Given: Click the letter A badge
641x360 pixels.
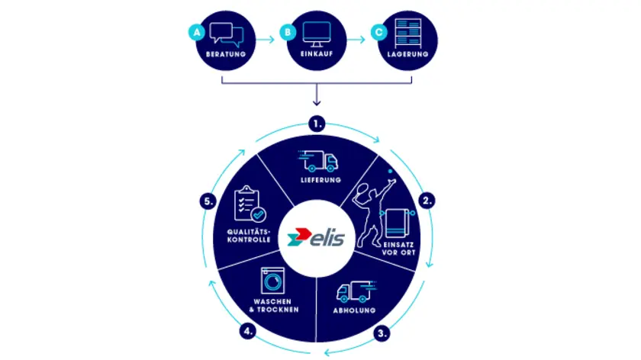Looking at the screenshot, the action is (x=197, y=32).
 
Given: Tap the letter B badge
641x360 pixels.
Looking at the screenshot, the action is (x=288, y=32).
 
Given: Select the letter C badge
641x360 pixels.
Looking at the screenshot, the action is (x=379, y=32).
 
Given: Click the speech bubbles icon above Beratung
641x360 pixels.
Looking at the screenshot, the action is (x=227, y=34).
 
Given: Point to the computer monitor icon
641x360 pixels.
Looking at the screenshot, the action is (x=317, y=34).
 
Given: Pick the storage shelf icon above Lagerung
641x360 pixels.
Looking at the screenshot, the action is (x=408, y=34).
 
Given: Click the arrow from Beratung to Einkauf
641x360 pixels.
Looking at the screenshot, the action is (x=266, y=40).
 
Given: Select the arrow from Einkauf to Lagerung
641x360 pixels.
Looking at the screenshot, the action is (x=356, y=40).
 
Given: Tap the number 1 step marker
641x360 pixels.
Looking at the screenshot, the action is (x=317, y=124).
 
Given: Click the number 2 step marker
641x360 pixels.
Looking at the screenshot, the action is (x=427, y=201).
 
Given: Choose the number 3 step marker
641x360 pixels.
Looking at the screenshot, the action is (x=382, y=333).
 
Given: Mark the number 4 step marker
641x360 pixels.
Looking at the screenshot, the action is (x=248, y=331).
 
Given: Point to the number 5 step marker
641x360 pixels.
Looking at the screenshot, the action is (x=208, y=201).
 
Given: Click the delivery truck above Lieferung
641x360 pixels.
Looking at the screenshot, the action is (x=318, y=161).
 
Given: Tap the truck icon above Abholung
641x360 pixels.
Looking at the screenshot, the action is (x=356, y=291).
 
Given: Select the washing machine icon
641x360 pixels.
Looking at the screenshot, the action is (x=272, y=281).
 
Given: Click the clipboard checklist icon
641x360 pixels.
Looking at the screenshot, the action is (x=250, y=204).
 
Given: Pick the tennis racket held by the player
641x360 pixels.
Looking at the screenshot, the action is (x=362, y=193).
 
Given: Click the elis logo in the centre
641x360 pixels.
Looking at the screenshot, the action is (x=316, y=237).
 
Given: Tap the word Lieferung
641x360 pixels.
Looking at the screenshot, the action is (x=321, y=180).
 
